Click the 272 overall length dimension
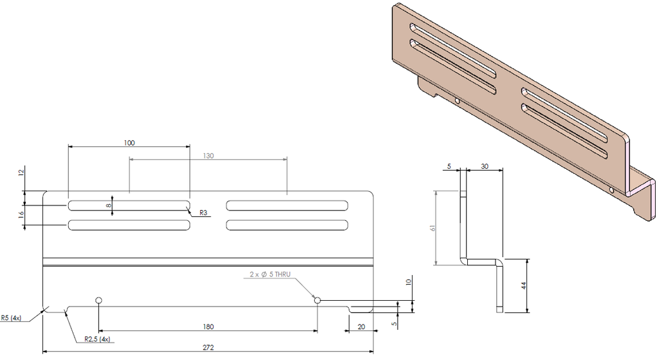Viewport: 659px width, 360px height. coord(208,348)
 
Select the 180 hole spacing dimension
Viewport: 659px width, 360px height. coord(208,327)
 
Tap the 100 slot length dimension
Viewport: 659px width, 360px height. coord(129,142)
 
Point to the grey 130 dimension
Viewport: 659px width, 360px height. coord(208,156)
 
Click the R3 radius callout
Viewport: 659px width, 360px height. coord(203,213)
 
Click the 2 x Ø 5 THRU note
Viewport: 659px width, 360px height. coord(270,274)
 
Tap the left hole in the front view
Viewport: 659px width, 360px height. coord(98,300)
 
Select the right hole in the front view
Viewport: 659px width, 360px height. coord(317,300)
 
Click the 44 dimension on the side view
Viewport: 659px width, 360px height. coord(523,285)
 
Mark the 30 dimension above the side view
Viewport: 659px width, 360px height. coord(484,166)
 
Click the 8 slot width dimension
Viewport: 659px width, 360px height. coord(109,205)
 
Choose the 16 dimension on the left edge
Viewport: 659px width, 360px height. coord(21,214)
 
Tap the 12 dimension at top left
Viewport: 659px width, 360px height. coord(21,173)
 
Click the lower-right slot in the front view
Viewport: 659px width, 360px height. coord(287,225)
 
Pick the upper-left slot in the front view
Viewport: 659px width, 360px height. coord(129,205)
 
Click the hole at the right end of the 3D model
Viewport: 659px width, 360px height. coord(610,189)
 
